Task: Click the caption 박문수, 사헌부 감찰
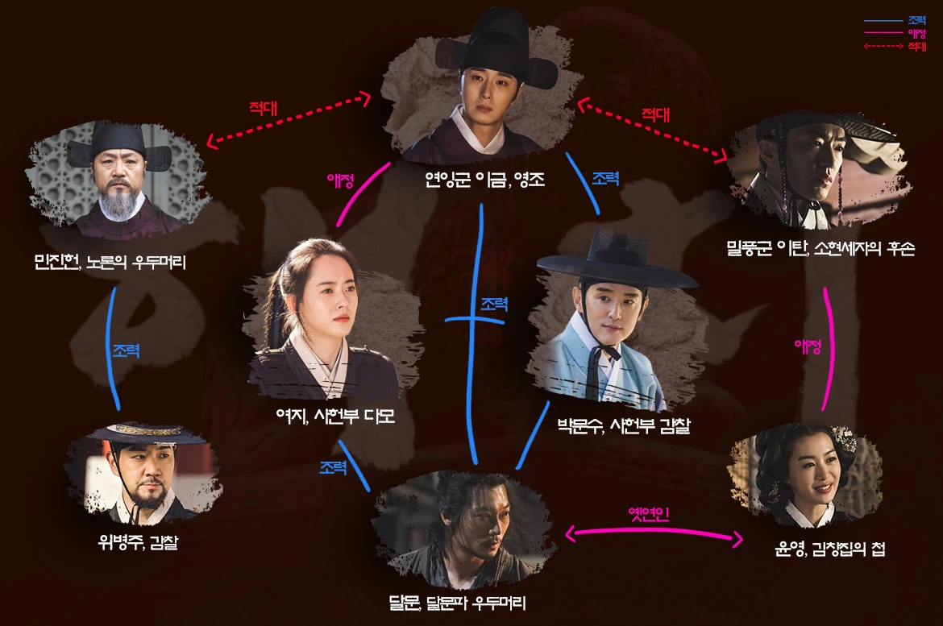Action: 624,426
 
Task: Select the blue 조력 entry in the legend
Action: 916,19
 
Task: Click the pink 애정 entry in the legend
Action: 916,33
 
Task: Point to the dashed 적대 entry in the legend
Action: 916,47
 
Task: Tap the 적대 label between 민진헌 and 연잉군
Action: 265,108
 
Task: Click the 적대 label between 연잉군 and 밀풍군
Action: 655,114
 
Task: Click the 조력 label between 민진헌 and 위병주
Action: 127,351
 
